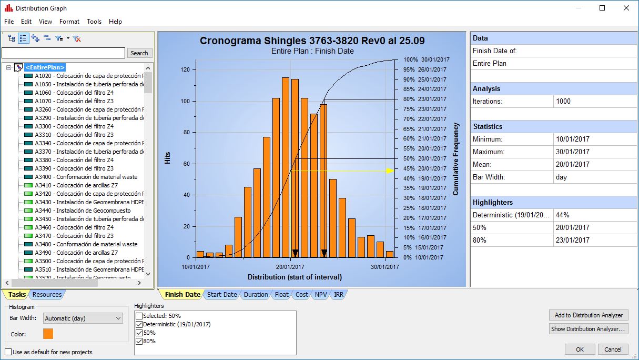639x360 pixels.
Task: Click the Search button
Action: [139, 53]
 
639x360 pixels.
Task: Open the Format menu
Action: [69, 22]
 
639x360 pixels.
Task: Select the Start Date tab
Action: [221, 295]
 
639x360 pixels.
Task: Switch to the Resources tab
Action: [47, 295]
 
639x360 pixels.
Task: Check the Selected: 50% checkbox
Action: [139, 316]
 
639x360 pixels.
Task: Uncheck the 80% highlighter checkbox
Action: [139, 341]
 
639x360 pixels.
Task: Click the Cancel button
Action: [613, 349]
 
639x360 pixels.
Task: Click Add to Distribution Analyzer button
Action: [589, 315]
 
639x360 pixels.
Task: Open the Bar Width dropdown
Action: [83, 318]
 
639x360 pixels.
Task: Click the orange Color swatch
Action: [48, 334]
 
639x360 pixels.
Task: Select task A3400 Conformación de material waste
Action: [86, 177]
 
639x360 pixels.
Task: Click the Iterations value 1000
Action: [563, 102]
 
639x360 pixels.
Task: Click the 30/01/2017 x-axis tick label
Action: [385, 267]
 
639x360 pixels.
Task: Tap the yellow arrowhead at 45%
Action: [390, 171]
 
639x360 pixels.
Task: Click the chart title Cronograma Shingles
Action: [312, 41]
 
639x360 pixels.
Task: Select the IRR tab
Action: [339, 295]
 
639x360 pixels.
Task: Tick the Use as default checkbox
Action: [8, 352]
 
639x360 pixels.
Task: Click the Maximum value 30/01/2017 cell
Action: [573, 152]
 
